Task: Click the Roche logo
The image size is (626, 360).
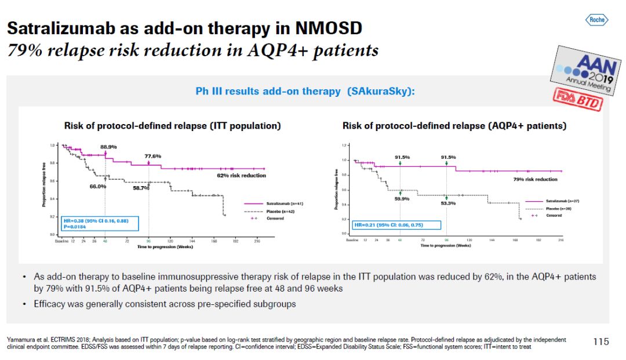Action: (x=596, y=20)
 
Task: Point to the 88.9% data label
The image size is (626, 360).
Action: (x=108, y=147)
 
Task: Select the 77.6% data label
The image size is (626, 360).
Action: (x=152, y=157)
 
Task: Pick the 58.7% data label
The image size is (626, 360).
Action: (x=141, y=188)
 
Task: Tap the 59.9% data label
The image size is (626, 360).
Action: (x=402, y=199)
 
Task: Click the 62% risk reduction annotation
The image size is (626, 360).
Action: (x=242, y=176)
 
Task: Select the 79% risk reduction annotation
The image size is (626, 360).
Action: (x=535, y=180)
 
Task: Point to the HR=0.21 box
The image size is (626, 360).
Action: (x=396, y=225)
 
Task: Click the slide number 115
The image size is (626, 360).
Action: (x=601, y=342)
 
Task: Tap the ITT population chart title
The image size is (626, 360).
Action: (x=172, y=126)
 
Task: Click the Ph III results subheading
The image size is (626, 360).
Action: (x=305, y=92)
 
